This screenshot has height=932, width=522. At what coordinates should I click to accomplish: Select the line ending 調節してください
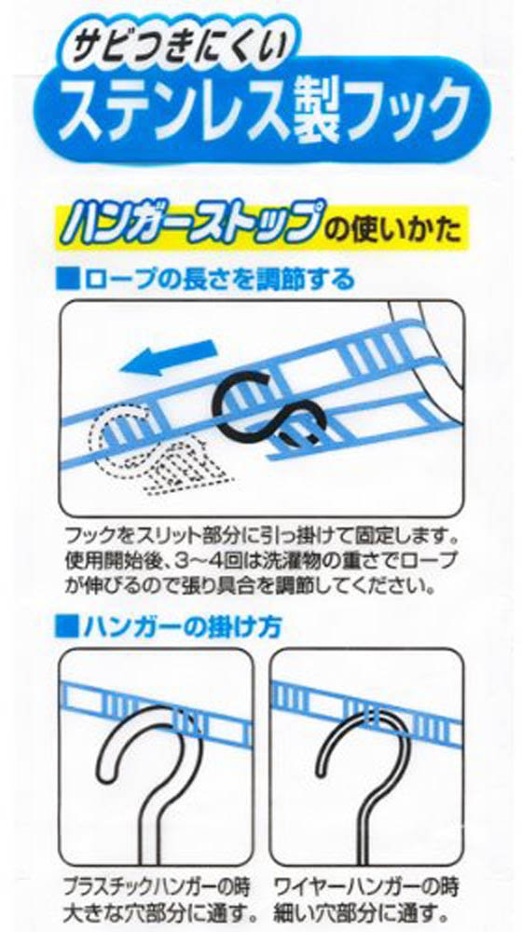[243, 586]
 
